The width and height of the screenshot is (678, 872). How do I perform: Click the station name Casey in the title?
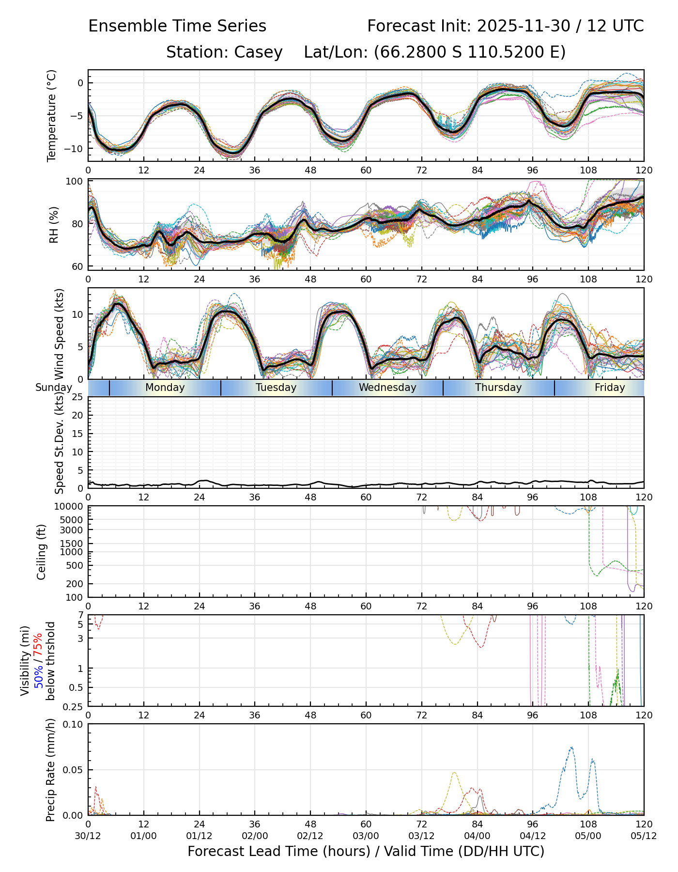pyautogui.click(x=258, y=52)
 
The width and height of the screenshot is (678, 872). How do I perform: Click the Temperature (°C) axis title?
pyautogui.click(x=52, y=115)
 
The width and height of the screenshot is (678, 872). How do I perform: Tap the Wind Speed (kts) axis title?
pyautogui.click(x=60, y=334)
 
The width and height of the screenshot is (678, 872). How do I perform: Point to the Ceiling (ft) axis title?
pyautogui.click(x=42, y=552)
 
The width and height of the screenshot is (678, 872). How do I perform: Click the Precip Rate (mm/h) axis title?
pyautogui.click(x=51, y=770)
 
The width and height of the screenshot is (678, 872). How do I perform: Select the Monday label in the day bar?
pyautogui.click(x=165, y=388)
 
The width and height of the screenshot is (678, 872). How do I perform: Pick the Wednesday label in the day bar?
pyautogui.click(x=387, y=388)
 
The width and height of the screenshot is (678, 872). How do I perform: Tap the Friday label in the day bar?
pyautogui.click(x=610, y=388)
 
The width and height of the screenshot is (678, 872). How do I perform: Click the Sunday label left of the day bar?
pyautogui.click(x=53, y=388)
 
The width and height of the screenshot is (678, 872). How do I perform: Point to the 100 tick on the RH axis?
pyautogui.click(x=75, y=182)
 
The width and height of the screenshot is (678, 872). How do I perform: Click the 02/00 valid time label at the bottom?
pyautogui.click(x=255, y=837)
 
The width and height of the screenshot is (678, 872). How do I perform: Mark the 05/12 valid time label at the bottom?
pyautogui.click(x=644, y=837)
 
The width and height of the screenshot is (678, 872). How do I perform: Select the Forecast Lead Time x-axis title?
pyautogui.click(x=366, y=852)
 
